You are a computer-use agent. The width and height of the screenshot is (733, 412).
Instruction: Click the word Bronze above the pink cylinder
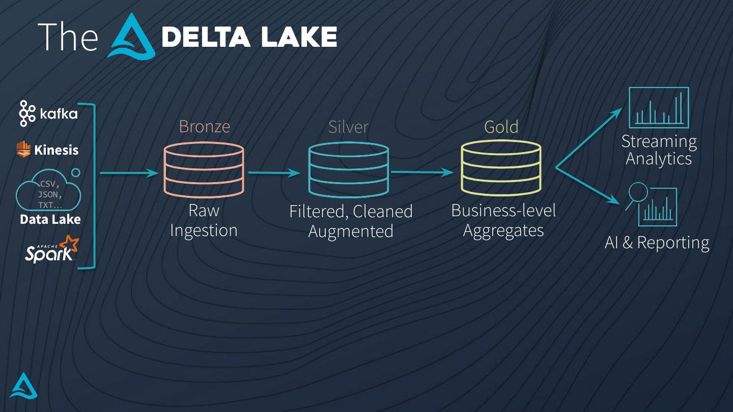(204, 127)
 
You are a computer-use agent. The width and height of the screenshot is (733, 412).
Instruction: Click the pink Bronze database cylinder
(204, 170)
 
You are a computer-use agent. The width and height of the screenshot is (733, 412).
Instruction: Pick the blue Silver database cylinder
(349, 170)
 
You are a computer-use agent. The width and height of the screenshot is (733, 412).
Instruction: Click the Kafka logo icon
(27, 113)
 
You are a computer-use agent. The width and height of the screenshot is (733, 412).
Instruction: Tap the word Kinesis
(56, 150)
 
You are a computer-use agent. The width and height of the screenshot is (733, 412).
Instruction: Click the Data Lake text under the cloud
(50, 220)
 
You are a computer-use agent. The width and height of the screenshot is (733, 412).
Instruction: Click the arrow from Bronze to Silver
(274, 173)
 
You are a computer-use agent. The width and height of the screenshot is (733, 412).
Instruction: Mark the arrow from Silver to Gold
(421, 172)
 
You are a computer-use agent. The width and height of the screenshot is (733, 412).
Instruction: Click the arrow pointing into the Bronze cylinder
(129, 173)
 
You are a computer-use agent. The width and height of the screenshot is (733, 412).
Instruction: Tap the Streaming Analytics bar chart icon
(659, 108)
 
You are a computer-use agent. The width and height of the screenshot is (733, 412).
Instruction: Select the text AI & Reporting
(657, 243)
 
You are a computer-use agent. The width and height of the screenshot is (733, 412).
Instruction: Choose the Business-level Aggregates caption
(503, 220)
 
